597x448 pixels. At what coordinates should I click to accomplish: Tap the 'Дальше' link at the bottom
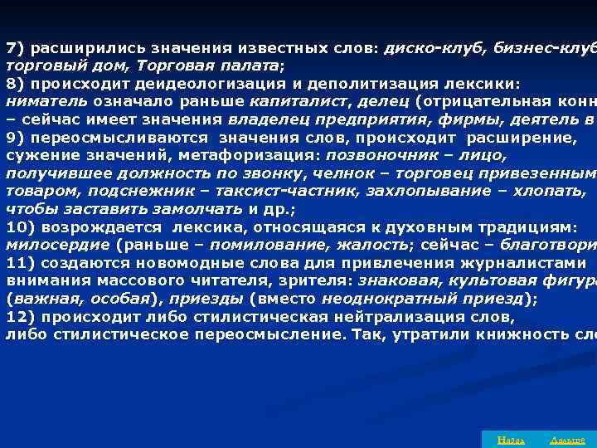[568, 440]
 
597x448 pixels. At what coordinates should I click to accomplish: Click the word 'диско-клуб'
[424, 46]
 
